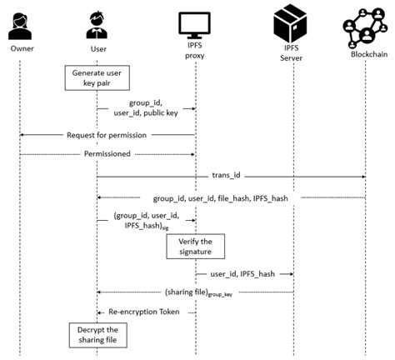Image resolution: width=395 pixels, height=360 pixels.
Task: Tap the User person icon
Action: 97,24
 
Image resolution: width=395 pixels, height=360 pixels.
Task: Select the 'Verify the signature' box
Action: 196,247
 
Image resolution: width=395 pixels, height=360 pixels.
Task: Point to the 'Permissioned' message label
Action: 107,153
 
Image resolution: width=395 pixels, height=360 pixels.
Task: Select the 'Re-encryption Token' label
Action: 145,312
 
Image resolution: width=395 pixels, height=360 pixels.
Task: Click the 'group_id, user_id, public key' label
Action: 146,108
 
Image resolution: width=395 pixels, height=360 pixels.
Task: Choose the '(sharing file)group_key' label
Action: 197,292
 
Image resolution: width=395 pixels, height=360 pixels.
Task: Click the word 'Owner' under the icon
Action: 22,48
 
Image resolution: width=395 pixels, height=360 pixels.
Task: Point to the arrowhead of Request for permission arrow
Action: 23,134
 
